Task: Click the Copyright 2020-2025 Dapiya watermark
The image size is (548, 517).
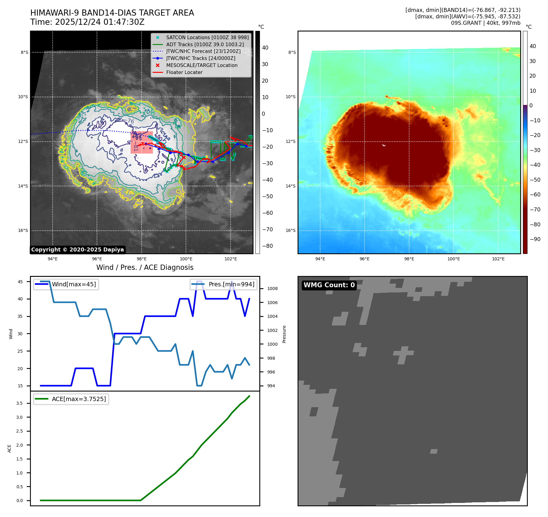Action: click(77, 250)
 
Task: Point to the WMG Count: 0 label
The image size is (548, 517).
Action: click(329, 285)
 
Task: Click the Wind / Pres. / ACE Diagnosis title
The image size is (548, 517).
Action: click(145, 267)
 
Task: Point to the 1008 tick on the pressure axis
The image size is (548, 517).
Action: click(272, 288)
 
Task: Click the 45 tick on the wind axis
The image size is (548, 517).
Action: click(20, 282)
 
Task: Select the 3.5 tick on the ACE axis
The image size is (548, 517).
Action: click(19, 403)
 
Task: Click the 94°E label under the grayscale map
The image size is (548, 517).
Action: click(53, 259)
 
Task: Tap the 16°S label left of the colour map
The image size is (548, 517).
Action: click(291, 230)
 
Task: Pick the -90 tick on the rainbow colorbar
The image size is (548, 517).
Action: click(535, 239)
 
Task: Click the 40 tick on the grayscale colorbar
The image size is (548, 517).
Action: click(265, 48)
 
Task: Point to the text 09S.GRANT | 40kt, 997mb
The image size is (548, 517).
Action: click(485, 23)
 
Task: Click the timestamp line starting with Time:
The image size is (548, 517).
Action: click(87, 22)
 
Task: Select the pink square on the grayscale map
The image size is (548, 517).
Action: click(142, 142)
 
